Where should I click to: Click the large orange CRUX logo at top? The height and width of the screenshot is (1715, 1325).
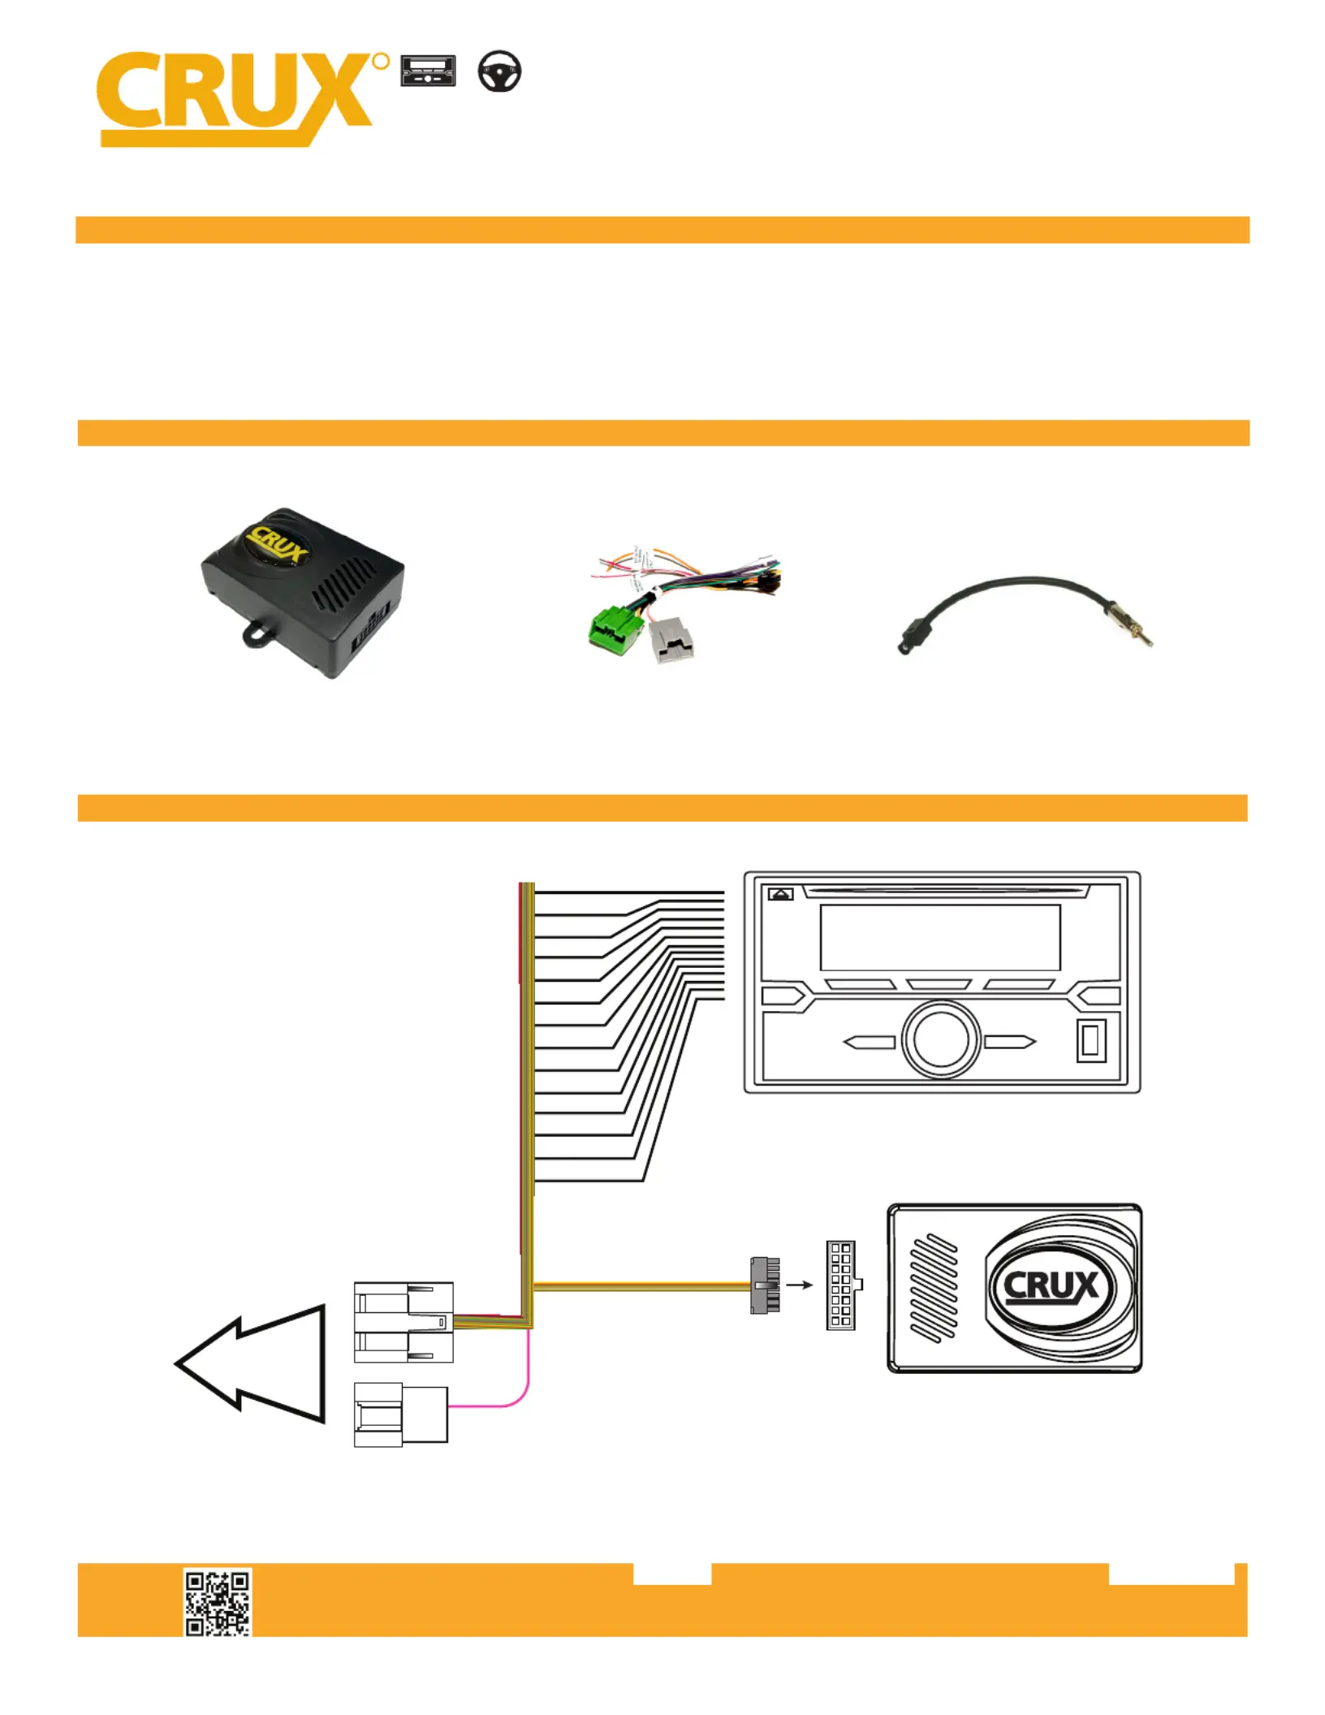pos(242,99)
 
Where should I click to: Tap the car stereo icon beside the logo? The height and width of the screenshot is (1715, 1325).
pos(428,71)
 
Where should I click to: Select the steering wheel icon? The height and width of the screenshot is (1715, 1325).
pos(499,71)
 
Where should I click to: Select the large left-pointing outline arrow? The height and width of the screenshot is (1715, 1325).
pos(250,1363)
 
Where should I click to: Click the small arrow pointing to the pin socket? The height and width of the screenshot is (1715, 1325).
pos(800,1285)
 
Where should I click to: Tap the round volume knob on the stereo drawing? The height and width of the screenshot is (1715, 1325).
pos(941,1040)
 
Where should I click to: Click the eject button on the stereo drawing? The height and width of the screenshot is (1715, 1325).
pos(781,894)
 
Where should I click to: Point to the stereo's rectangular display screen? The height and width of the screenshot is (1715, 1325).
pos(940,937)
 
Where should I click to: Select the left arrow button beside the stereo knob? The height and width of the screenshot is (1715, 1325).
pos(869,1042)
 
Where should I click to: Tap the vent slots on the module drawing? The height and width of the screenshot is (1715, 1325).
pos(934,1288)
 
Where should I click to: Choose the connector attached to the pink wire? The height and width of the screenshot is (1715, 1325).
pos(401,1415)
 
